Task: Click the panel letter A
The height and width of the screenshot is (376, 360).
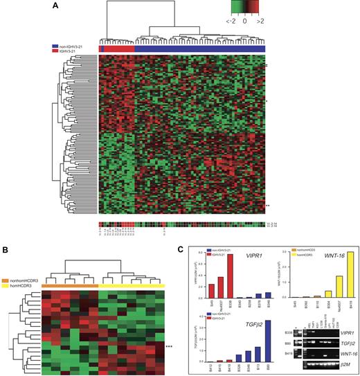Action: click(55, 6)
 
